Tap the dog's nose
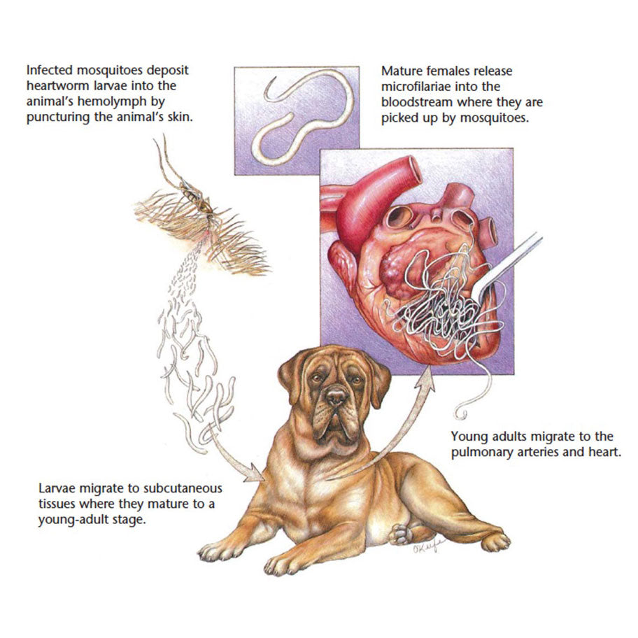(336, 397)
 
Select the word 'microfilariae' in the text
(416, 86)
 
